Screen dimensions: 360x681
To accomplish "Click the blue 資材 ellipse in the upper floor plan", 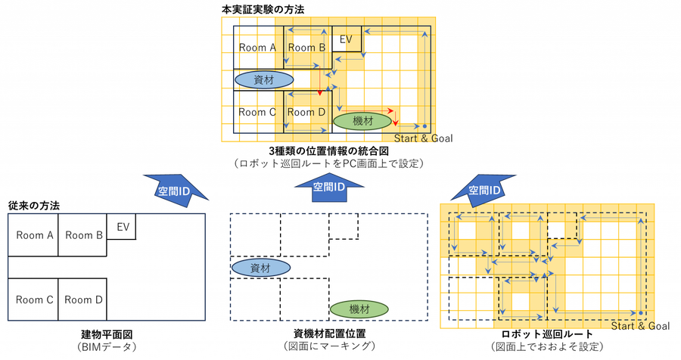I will click(x=264, y=79).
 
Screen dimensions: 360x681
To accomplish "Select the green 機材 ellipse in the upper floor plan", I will click(x=362, y=121).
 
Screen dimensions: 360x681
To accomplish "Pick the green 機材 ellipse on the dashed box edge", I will click(x=359, y=309).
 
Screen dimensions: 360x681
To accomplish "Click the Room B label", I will click(x=306, y=47).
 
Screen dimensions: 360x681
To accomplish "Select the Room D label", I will click(x=306, y=112).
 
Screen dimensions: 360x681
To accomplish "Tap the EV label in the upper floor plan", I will click(x=347, y=38).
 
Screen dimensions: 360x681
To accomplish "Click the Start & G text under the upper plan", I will click(x=415, y=138).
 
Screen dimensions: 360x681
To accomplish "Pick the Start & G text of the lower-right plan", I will click(x=633, y=326).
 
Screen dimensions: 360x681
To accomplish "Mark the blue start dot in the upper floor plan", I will click(x=424, y=126).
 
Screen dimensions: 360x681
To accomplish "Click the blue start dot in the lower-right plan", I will click(x=640, y=312).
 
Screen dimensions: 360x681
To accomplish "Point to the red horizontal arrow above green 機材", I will click(x=363, y=108).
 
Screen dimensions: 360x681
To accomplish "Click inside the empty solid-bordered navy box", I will click(x=107, y=267).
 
